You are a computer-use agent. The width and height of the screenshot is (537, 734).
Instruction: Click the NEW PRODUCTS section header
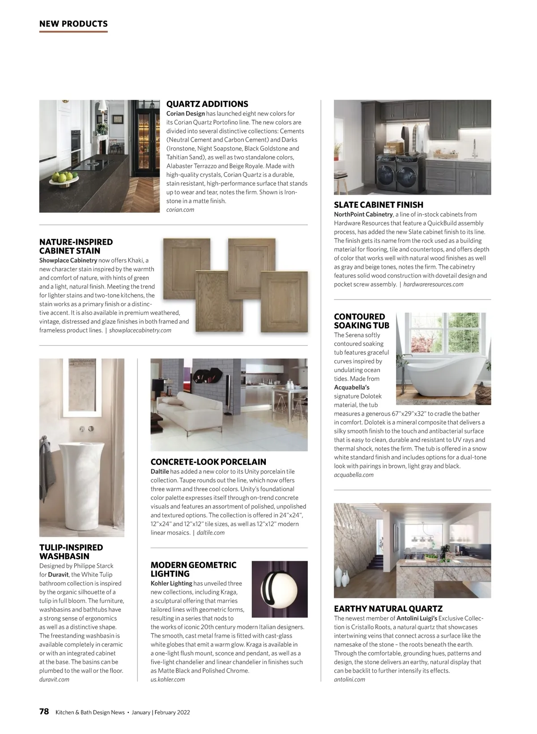73,24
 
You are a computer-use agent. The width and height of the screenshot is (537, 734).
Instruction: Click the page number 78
44,712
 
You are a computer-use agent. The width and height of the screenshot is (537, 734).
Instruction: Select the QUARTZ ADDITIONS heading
207,104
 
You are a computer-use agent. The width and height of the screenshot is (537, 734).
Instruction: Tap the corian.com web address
180,210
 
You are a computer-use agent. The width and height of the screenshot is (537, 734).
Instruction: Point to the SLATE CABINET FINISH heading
378,205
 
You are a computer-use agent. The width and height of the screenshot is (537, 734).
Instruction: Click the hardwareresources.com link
433,284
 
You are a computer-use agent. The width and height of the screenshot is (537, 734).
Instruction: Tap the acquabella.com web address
354,475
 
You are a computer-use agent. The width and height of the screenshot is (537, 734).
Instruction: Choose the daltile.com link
210,532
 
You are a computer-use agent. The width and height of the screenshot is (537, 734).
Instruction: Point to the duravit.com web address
54,679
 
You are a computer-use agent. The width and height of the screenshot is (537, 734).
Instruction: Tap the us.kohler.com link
167,679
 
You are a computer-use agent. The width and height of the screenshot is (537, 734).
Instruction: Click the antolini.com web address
349,679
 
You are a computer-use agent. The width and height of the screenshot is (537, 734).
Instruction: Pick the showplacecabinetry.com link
140,330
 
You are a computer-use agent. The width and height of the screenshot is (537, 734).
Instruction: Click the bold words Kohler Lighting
171,583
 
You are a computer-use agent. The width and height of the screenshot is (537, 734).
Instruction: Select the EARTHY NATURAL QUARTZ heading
388,609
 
